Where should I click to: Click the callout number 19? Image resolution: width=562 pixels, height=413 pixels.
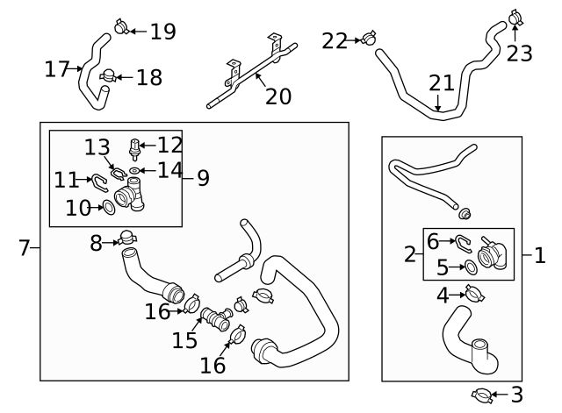click(162, 32)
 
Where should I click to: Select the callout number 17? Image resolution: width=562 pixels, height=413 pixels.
click(57, 68)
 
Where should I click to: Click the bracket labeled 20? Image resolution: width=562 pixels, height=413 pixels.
click(246, 76)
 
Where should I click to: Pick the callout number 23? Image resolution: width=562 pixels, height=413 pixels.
click(520, 53)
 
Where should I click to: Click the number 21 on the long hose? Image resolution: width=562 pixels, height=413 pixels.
click(442, 83)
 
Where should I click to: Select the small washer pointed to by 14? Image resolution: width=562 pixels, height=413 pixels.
click(133, 170)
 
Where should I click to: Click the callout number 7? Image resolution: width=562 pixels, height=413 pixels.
click(25, 249)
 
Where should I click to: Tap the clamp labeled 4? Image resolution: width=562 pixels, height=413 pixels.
click(473, 294)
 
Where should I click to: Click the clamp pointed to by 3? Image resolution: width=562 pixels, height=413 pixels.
click(479, 395)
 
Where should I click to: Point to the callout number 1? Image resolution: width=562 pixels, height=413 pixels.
click(539, 256)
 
